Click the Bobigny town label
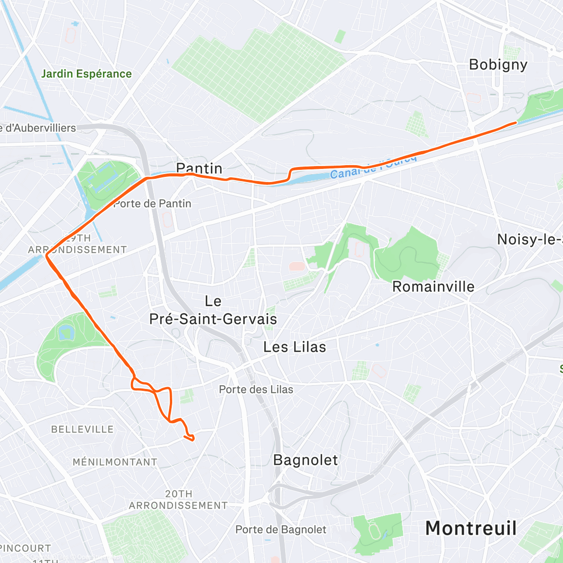coord(498,65)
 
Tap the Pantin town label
coord(199,168)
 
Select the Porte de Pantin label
coord(152,204)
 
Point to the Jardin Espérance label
coord(86,74)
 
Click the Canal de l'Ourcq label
coord(373,167)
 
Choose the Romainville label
coord(433,287)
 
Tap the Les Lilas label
coord(294,347)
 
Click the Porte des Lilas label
coord(256,389)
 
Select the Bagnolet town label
coord(305,460)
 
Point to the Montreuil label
coord(471,528)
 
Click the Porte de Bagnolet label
coord(281,530)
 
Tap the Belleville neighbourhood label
coord(82,429)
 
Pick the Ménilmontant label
coord(114,462)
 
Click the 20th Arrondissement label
coord(178,500)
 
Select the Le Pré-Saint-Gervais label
coord(213,310)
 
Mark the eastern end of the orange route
coord(516,122)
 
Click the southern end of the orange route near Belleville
coord(192,439)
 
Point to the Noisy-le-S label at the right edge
coord(529,239)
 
